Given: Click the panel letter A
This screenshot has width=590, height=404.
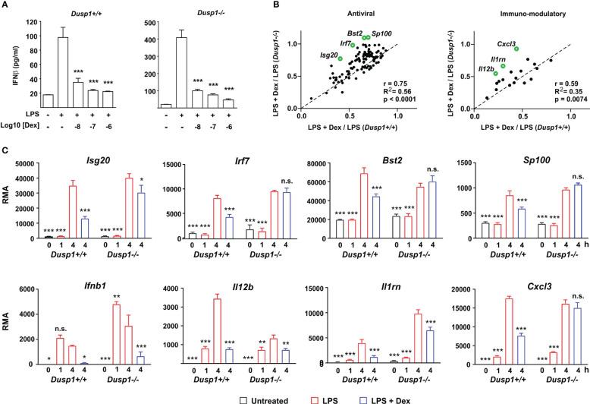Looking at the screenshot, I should (6, 5).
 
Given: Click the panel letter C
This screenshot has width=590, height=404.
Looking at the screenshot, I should (6, 150).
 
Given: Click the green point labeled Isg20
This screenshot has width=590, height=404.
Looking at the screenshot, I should (341, 58).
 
